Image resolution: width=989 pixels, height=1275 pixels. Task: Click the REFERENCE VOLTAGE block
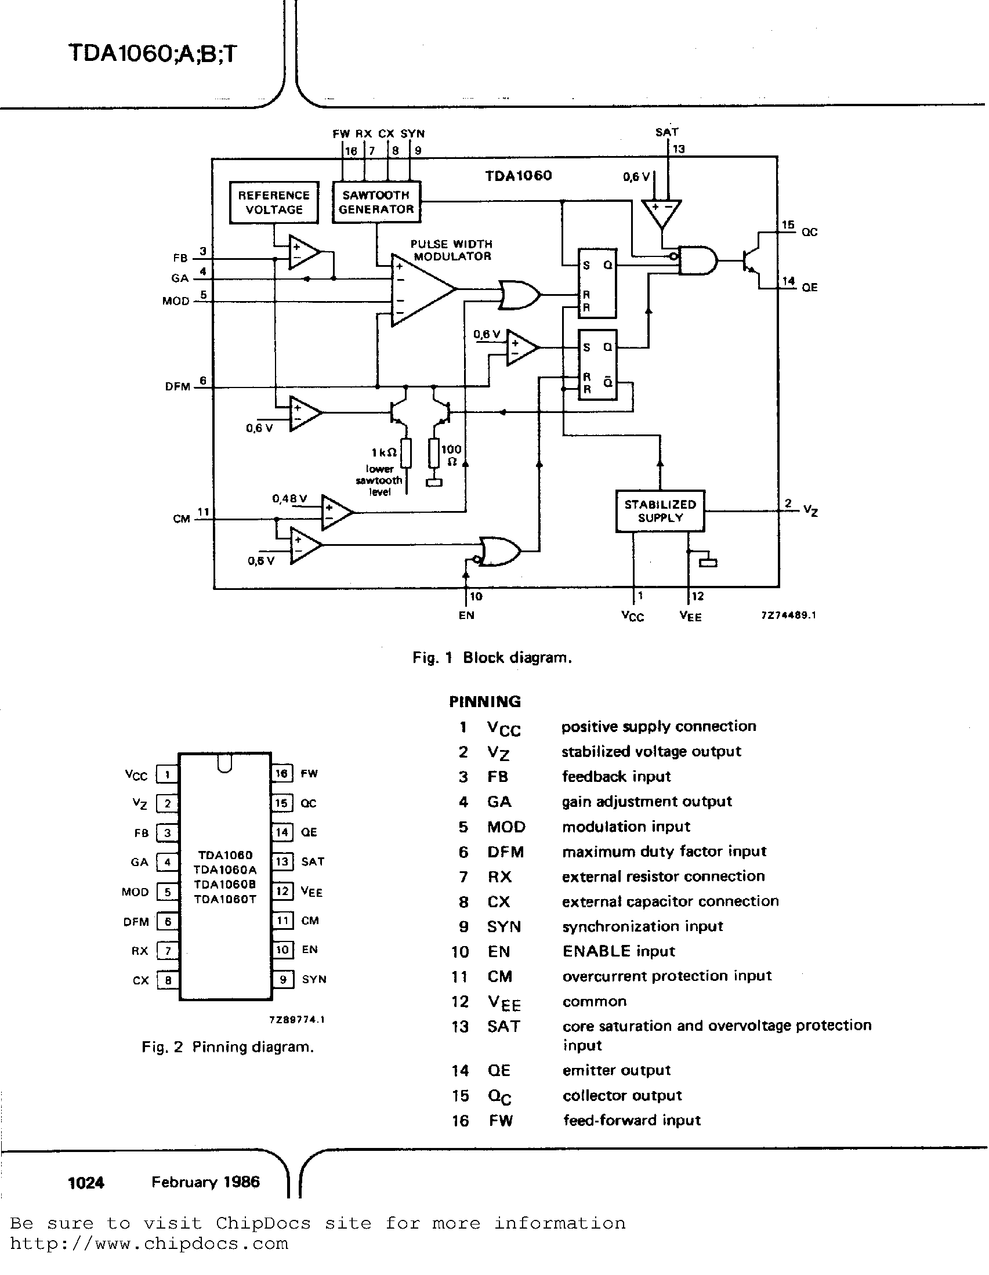pos(274,202)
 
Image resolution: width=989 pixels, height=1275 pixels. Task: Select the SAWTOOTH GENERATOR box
pos(376,202)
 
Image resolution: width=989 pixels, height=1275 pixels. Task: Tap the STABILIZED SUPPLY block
pos(660,511)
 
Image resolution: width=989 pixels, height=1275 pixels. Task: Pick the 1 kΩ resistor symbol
pos(406,454)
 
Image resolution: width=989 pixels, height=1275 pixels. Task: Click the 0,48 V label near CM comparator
pos(289,498)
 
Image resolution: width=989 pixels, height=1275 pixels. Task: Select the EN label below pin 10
pos(466,615)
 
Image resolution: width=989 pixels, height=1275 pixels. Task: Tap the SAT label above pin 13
pos(666,132)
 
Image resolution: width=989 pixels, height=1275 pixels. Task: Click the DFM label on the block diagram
pos(177,386)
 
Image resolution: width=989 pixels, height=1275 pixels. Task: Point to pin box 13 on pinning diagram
pos(282,861)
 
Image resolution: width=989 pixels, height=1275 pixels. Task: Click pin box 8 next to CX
pos(168,980)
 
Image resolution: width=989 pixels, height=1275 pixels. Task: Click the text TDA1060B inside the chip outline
pos(225,884)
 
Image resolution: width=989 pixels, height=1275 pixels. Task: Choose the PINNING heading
pos(484,702)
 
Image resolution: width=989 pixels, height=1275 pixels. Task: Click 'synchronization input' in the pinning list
pos(642,926)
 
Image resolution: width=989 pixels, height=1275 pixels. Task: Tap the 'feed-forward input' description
pos(632,1120)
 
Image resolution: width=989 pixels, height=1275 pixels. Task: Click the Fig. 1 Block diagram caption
pos(491,658)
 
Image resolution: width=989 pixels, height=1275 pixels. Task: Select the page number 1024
pos(86,1183)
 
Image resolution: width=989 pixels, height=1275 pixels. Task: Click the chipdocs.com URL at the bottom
pos(149,1243)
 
